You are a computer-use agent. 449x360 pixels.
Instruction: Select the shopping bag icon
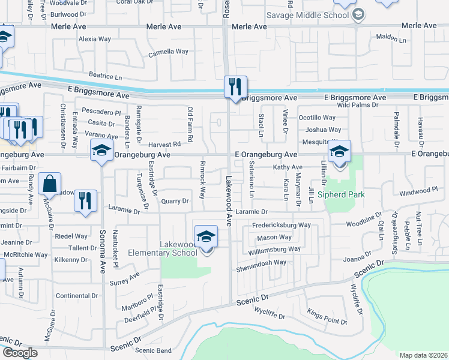tap(49, 183)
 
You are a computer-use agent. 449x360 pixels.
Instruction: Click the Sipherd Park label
tap(345, 194)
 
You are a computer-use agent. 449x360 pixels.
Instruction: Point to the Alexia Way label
tap(95, 39)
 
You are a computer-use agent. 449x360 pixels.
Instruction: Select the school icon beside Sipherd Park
tap(339, 152)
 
